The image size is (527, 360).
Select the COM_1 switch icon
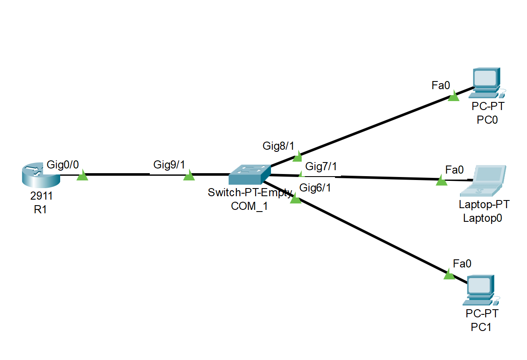pos(250,174)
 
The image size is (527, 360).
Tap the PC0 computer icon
pos(487,81)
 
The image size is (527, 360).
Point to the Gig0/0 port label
pos(63,165)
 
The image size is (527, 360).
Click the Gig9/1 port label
pos(169,165)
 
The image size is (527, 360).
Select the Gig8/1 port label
pos(278,146)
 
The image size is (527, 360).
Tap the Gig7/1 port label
pos(321,166)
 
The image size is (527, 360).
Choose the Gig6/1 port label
pos(315,187)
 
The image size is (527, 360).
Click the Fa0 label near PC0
pos(441,85)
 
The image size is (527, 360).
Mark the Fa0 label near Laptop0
pos(454,170)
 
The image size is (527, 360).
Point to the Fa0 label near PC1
pos(462,264)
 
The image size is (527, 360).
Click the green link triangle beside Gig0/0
pos(82,176)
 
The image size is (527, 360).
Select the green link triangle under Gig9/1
pos(189,176)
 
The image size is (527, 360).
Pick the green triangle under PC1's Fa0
pos(449,275)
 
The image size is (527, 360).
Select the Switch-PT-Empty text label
pos(250,192)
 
